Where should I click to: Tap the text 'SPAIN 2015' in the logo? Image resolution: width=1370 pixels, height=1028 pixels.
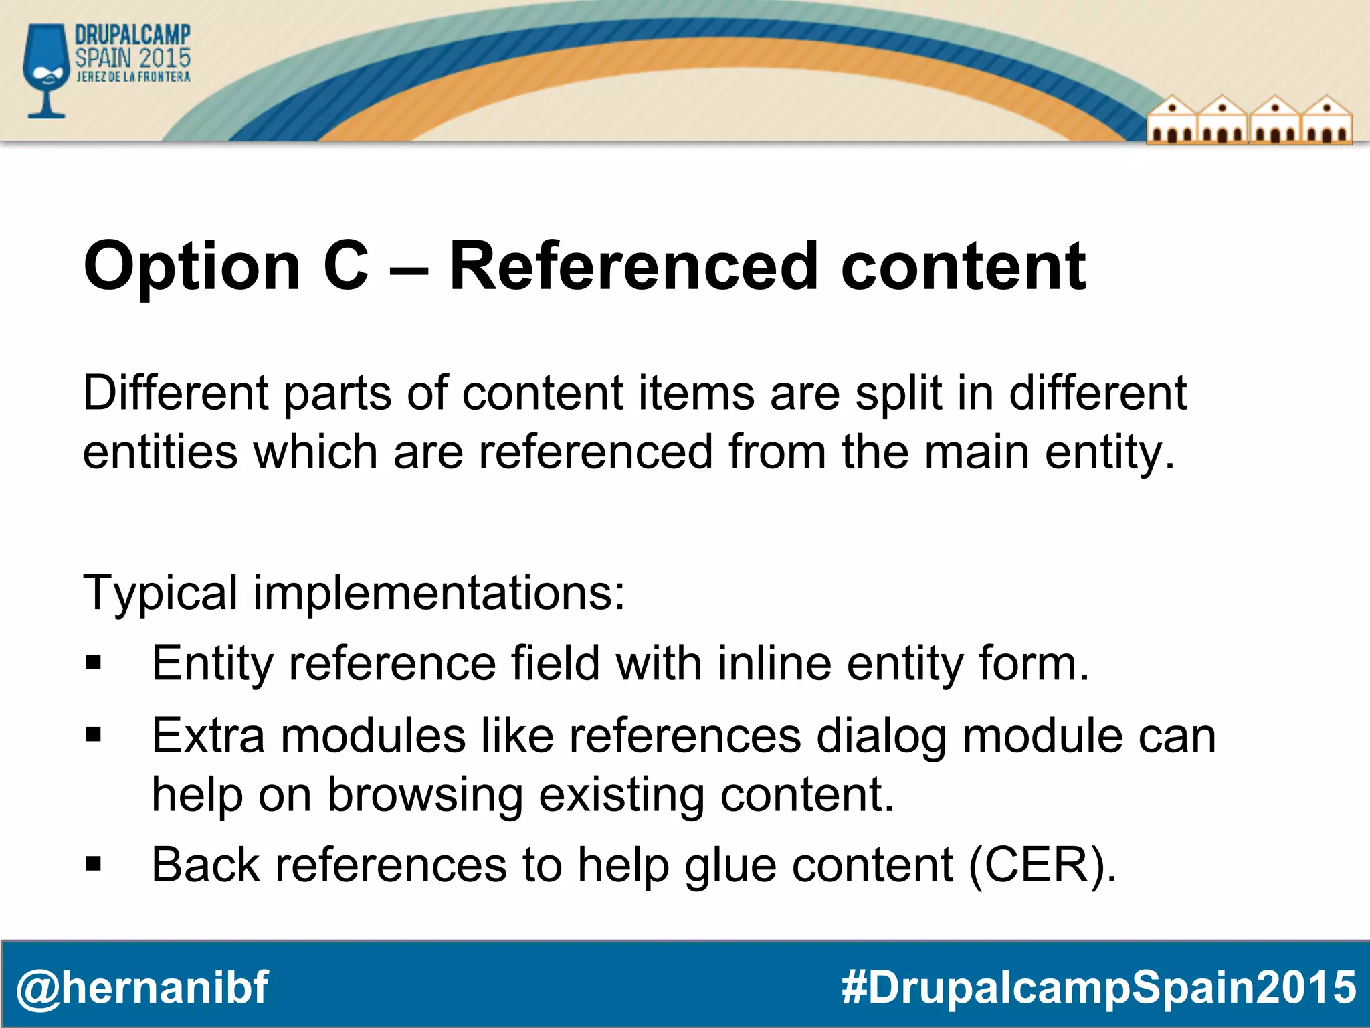pyautogui.click(x=132, y=58)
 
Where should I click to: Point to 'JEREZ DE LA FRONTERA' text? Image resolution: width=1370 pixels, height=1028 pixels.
pyautogui.click(x=133, y=77)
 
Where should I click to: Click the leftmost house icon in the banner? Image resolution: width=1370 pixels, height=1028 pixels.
pyautogui.click(x=1172, y=122)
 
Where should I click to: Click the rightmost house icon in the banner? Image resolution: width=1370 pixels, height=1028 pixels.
pyautogui.click(x=1327, y=122)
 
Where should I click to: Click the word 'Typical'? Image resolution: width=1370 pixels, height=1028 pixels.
pyautogui.click(x=161, y=593)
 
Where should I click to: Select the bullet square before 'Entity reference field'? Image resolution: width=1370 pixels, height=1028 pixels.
pyautogui.click(x=94, y=663)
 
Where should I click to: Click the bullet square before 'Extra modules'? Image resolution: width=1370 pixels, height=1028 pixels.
pyautogui.click(x=94, y=736)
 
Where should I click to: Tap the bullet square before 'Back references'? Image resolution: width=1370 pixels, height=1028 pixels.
pyautogui.click(x=94, y=865)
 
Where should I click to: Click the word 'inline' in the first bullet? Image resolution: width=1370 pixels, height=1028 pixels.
pyautogui.click(x=774, y=663)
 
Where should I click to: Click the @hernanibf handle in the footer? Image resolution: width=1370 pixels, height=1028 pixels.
pyautogui.click(x=142, y=987)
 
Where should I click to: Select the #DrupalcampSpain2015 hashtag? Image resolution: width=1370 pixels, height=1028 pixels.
pyautogui.click(x=1098, y=987)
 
